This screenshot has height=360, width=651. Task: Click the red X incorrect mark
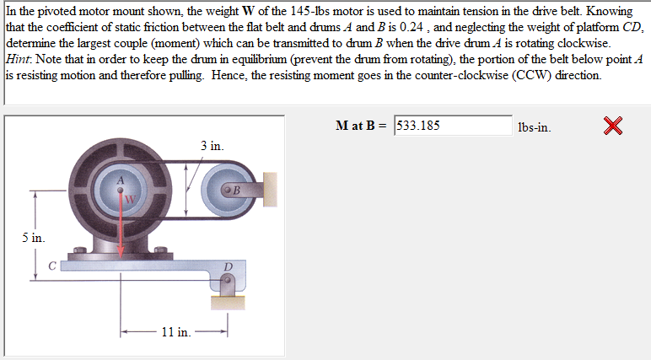click(614, 126)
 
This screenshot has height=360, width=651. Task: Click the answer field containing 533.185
click(453, 126)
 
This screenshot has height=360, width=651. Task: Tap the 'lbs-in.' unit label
click(535, 127)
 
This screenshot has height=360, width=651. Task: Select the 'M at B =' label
click(362, 126)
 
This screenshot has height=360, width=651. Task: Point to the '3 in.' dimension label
click(212, 146)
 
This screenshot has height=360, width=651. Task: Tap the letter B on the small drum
click(236, 190)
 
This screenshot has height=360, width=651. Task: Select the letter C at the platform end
click(51, 266)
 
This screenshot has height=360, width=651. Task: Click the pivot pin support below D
click(225, 293)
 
